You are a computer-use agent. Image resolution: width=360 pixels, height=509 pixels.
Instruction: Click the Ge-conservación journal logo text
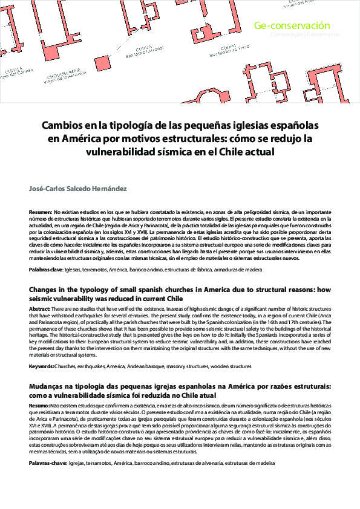pos(292,26)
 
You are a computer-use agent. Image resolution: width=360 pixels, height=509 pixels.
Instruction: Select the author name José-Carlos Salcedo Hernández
pos(78,189)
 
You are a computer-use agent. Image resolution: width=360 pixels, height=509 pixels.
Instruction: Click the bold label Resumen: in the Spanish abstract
pos(40,213)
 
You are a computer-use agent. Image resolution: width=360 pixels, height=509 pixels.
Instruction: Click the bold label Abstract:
pos(40,309)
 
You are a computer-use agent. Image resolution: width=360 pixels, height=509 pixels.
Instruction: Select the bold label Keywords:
pos(42,366)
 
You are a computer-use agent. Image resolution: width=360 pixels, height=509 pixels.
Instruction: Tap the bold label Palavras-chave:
pos(48,462)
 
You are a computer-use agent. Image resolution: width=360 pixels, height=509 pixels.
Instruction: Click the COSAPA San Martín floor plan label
pos(228,50)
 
